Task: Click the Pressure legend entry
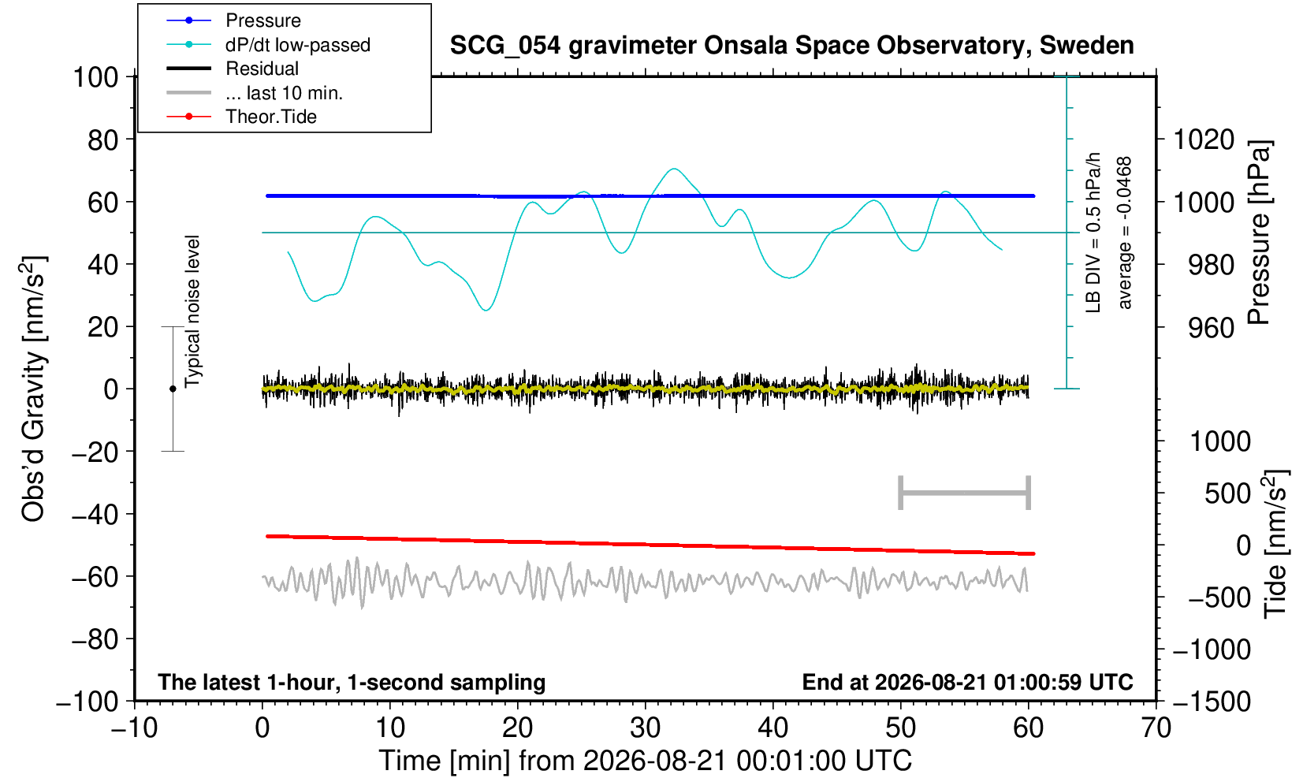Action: pos(233,20)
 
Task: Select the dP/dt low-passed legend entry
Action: pos(268,45)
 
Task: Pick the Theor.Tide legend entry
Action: pos(241,117)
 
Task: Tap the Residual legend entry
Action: pos(232,69)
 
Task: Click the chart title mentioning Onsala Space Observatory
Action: pos(791,46)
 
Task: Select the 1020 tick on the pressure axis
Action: pos(1204,140)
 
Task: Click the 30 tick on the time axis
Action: pos(645,728)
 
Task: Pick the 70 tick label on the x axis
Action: pos(1156,728)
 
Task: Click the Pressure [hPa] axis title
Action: pos(1260,233)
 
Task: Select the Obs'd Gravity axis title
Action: pos(33,389)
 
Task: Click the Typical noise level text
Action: pos(192,311)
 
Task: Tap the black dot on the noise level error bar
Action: pos(173,389)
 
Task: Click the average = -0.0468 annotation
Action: pos(1124,233)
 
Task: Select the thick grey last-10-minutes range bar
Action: pos(965,493)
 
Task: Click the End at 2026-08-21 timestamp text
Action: pos(967,682)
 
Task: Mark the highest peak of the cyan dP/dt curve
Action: pos(674,169)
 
